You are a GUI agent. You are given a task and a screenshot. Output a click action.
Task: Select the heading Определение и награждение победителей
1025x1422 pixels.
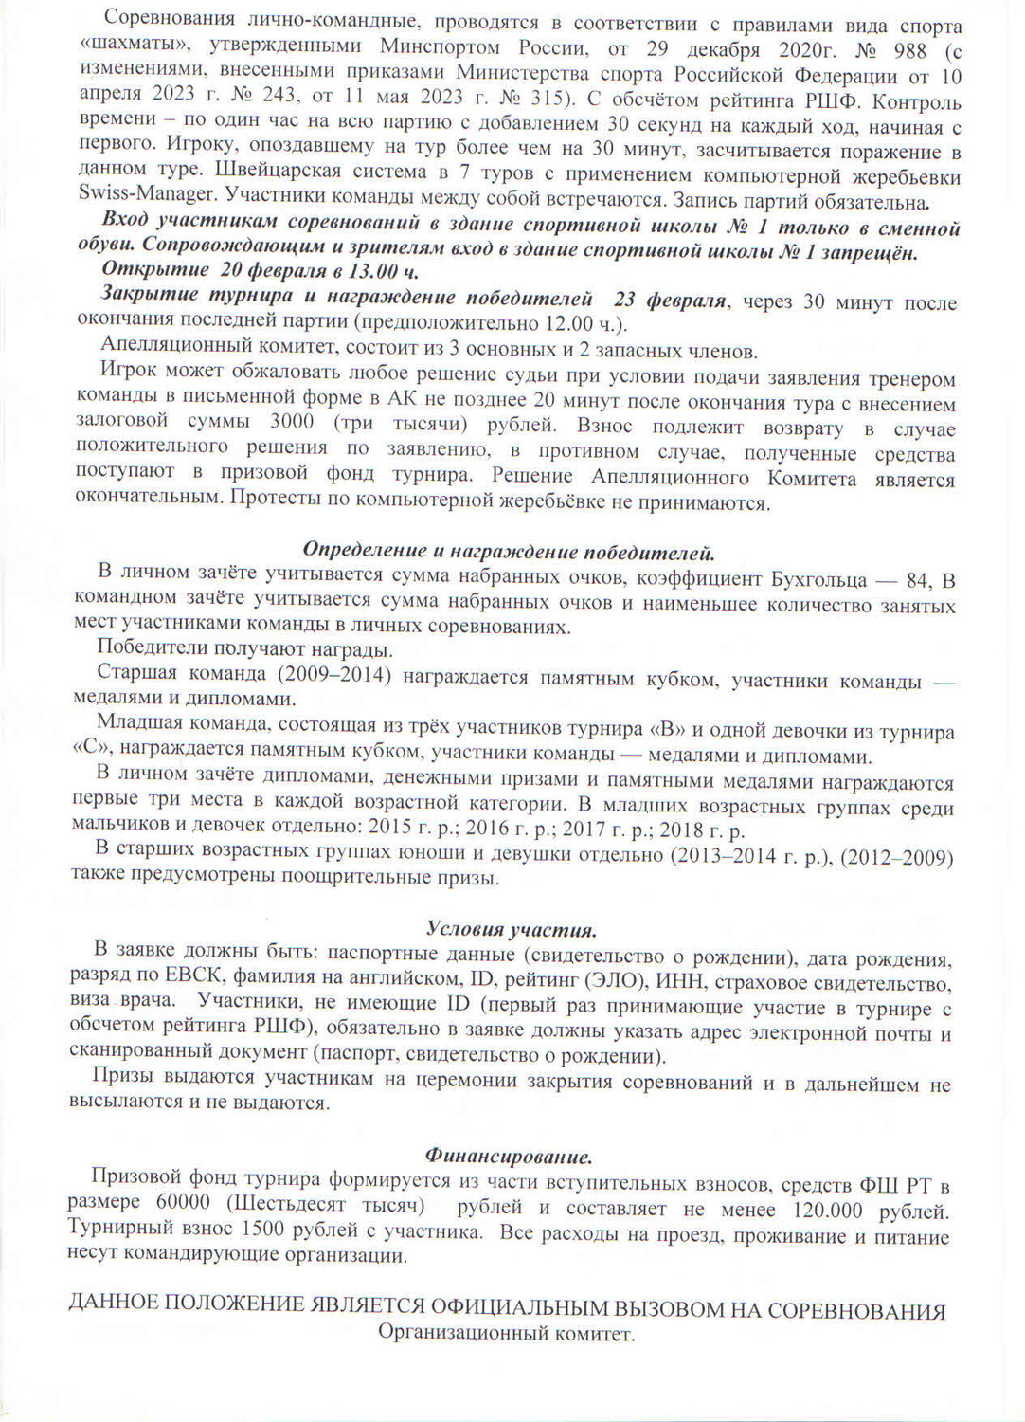(x=509, y=551)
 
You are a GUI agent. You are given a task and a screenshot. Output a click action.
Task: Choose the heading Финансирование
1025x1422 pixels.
(x=509, y=1157)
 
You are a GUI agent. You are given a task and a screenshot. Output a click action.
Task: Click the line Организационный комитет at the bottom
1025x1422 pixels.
(x=506, y=1334)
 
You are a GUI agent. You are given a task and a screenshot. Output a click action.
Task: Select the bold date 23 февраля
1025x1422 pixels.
(x=671, y=301)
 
